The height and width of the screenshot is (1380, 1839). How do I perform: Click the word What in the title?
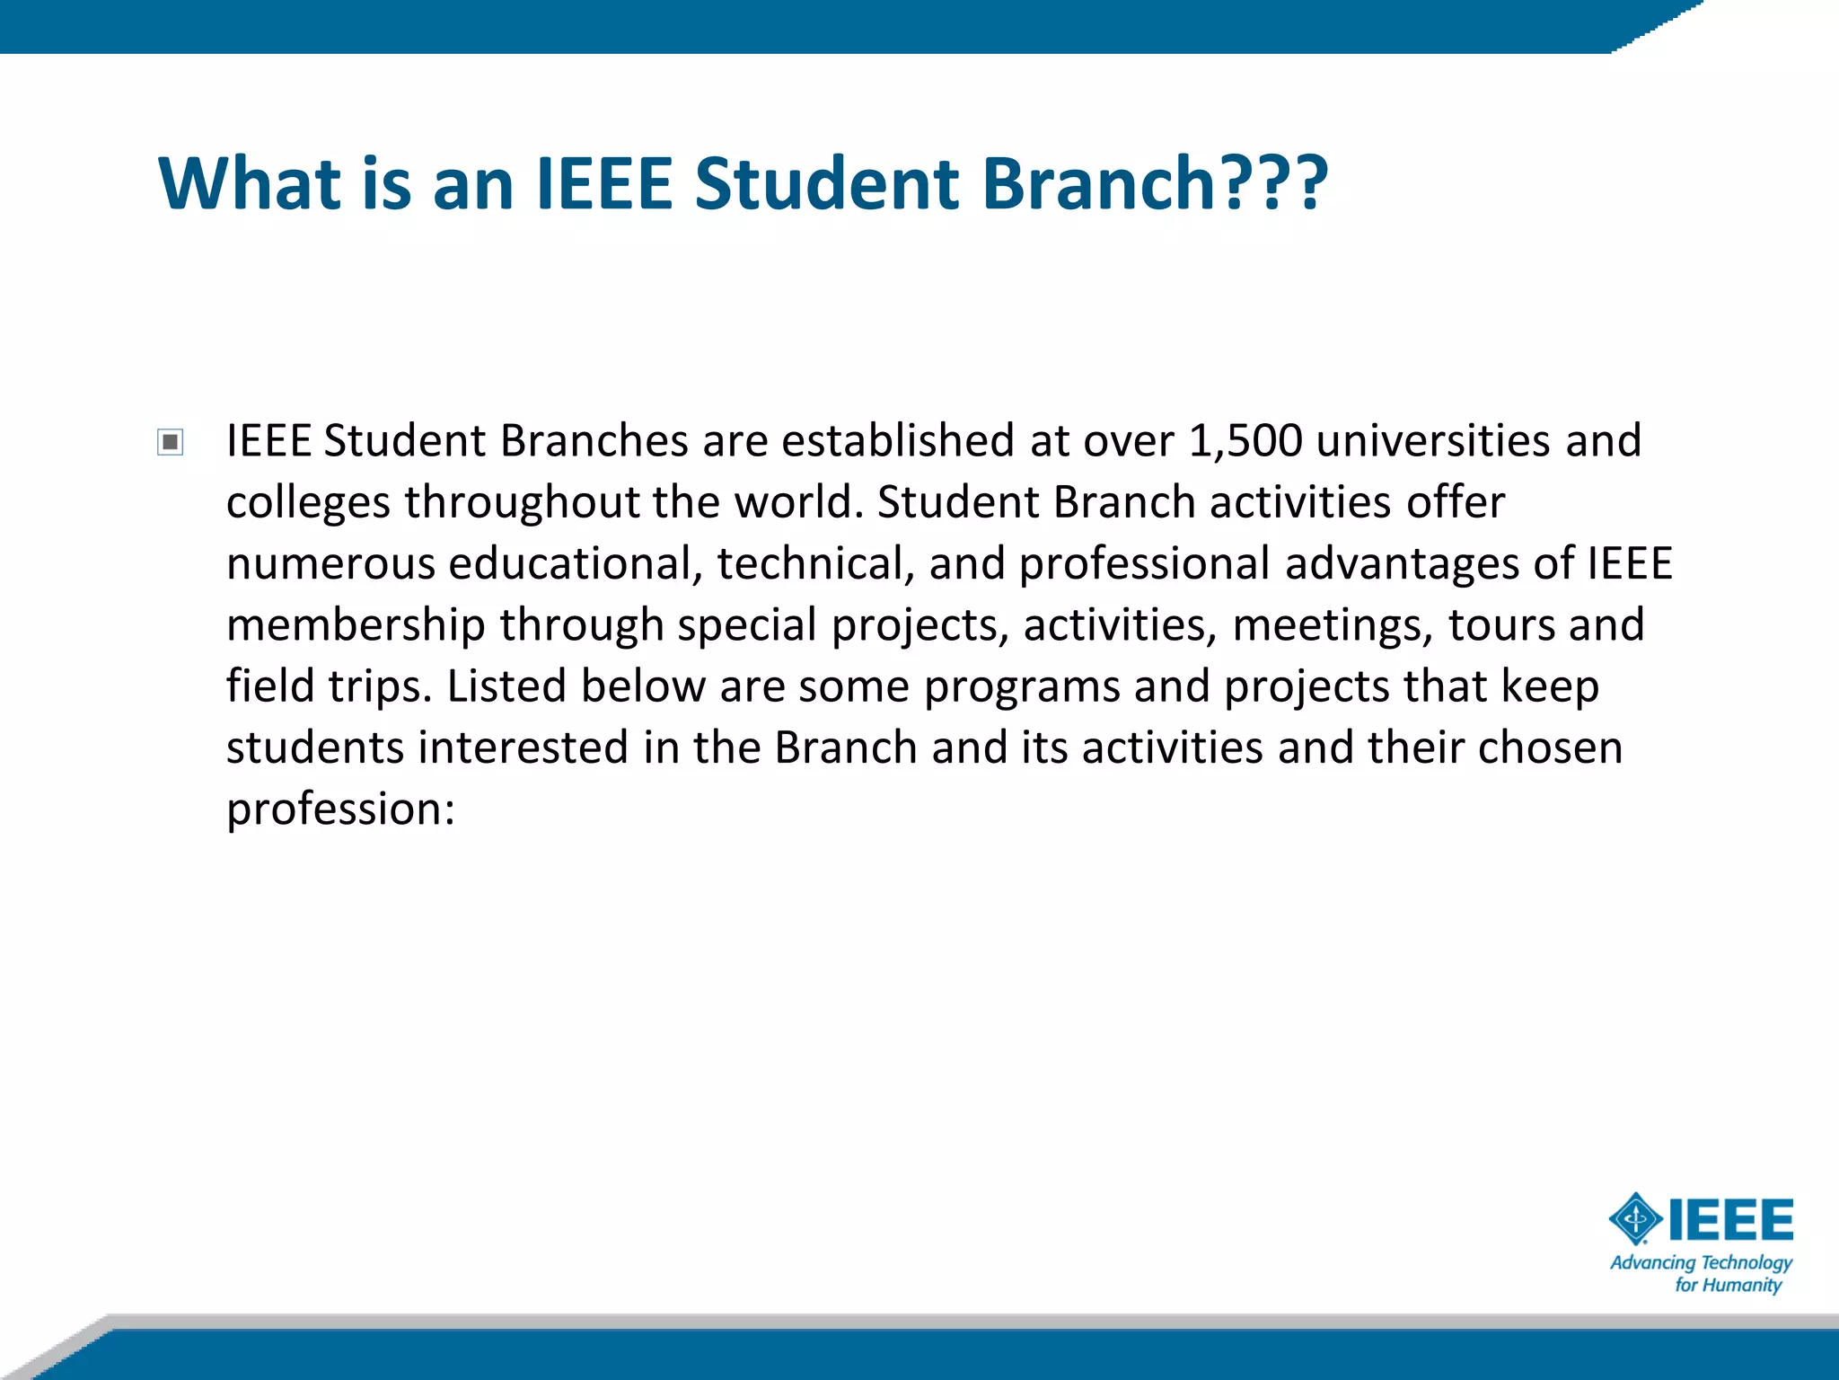click(249, 184)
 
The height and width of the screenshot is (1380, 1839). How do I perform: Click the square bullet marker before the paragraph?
click(170, 442)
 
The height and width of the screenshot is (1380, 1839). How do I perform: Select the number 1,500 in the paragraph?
click(1245, 441)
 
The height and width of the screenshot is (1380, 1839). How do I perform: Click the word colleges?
click(308, 503)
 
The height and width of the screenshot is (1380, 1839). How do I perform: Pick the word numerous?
click(330, 564)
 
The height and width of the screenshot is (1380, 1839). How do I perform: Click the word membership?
click(356, 625)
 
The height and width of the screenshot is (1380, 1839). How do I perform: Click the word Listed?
click(506, 686)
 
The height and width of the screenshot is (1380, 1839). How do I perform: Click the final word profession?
click(340, 809)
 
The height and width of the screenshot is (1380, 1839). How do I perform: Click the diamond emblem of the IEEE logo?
click(1635, 1219)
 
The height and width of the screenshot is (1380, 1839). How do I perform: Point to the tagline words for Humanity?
click(1728, 1286)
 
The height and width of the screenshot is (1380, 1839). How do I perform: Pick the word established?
click(898, 441)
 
